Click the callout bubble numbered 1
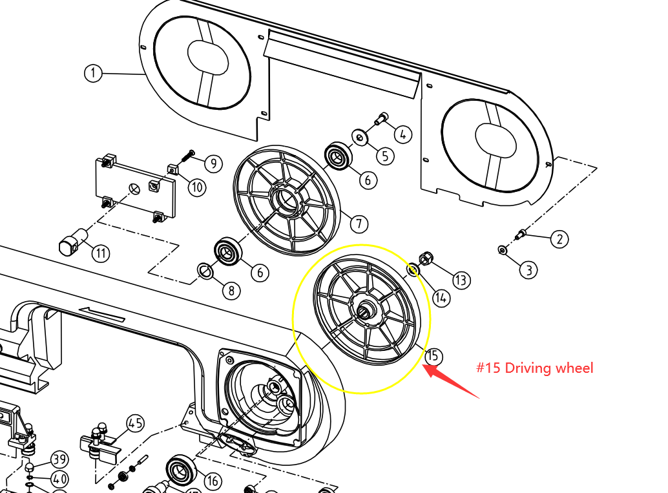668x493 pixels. [93, 73]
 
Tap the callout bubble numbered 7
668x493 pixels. [359, 224]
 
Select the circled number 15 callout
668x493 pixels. [433, 355]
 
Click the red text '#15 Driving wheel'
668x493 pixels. [534, 368]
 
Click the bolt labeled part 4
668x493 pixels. [381, 119]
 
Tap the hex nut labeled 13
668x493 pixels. [426, 259]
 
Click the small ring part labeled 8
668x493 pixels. [205, 271]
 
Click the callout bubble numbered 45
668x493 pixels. [134, 424]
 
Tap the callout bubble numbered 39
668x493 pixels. [59, 460]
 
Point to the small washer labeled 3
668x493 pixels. [503, 249]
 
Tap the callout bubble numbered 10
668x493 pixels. [196, 187]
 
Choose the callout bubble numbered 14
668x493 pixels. [441, 297]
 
